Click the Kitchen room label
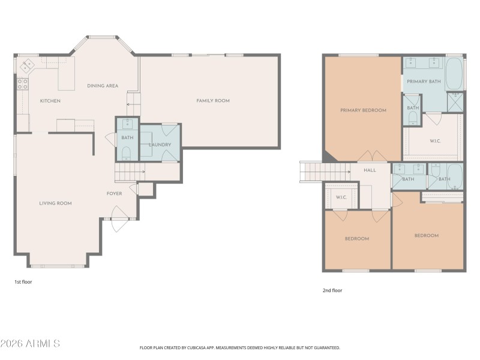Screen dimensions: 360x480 pos(50,101)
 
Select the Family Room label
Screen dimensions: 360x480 pos(213,101)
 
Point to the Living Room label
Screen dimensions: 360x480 pos(55,203)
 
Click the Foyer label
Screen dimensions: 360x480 pos(114,194)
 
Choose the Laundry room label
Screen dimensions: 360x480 pos(160,145)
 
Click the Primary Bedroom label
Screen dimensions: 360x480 pos(363,110)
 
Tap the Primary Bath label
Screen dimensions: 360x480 pos(423,81)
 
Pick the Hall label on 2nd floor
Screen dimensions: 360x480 pos(370,170)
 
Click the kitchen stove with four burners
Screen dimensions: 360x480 pos(23,84)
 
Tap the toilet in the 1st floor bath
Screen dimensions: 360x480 pos(127,155)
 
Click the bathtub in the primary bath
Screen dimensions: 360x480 pos(455,74)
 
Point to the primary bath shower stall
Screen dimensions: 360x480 pos(455,103)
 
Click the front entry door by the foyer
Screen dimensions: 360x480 pos(118,216)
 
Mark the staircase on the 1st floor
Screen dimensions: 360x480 pos(128,173)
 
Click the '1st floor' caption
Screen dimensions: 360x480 pos(23,281)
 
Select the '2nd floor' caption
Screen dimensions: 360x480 pos(332,290)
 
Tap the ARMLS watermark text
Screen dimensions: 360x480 pos(30,344)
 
